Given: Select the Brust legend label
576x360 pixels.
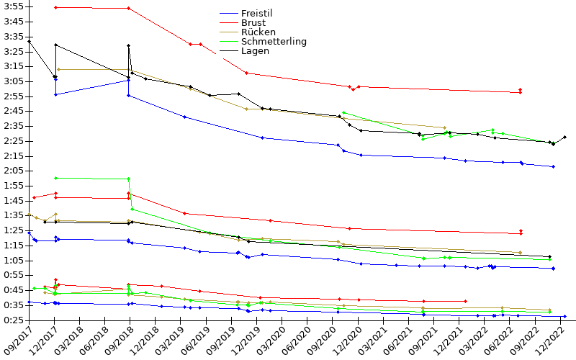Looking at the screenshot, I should [253, 23].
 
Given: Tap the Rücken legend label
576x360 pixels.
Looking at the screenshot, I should [257, 32].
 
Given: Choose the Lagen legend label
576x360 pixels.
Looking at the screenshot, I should [256, 51].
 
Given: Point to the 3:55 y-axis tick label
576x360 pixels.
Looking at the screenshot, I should [14, 6].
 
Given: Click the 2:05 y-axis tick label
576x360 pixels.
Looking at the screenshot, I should [14, 171].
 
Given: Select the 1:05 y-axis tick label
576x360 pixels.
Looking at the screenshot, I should [14, 261].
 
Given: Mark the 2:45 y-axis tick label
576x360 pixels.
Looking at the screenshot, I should [14, 111].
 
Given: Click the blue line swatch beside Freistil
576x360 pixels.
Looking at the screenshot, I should [228, 14].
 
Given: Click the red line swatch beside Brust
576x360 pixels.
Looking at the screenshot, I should [228, 23].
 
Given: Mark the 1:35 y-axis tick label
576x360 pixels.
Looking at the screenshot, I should [14, 215].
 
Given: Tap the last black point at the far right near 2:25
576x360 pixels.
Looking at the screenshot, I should [564, 137].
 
